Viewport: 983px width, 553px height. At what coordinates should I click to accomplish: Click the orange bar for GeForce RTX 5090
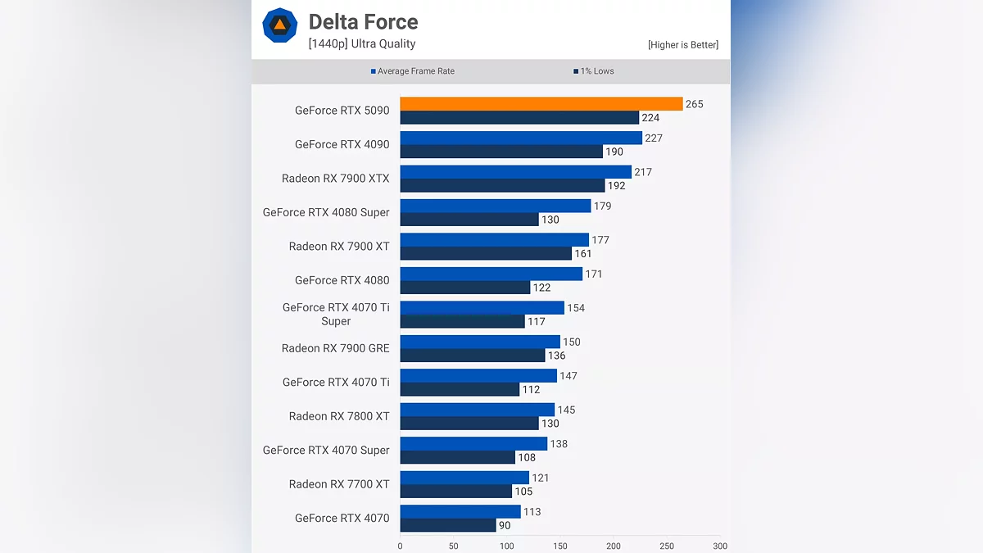[541, 104]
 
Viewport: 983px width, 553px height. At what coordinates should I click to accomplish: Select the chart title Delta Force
[363, 22]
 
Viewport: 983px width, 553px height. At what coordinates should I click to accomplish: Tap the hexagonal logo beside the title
[279, 25]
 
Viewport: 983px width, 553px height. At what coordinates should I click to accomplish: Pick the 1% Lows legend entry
[594, 71]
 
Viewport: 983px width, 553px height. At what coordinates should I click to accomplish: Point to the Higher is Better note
[682, 45]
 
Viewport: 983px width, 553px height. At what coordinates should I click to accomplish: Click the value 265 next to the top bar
[695, 104]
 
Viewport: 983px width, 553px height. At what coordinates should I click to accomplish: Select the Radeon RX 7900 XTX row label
[336, 179]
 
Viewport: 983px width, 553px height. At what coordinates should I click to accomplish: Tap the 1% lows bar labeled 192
[502, 186]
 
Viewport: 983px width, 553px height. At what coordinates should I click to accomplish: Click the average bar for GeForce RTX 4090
[521, 138]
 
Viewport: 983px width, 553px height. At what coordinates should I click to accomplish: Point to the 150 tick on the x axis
[560, 546]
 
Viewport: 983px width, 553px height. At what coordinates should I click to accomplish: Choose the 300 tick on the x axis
[720, 546]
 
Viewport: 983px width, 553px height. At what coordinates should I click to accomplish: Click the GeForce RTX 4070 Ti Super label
[336, 314]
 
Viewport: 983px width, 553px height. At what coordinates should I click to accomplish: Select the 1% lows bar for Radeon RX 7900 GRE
[473, 356]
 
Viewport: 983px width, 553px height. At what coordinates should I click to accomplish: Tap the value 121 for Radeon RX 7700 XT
[541, 478]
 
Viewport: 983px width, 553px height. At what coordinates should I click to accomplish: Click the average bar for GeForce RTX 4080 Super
[496, 206]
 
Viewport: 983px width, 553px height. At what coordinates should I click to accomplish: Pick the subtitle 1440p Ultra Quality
[362, 44]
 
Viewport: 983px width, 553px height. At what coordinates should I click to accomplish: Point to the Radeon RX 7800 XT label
[339, 416]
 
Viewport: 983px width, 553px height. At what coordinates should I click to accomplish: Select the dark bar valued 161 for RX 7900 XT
[486, 254]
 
